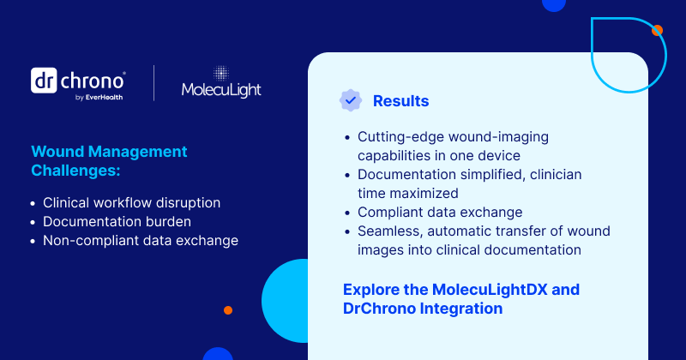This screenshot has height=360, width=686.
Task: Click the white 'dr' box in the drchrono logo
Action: (44, 81)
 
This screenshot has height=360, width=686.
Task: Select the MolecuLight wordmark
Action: (221, 90)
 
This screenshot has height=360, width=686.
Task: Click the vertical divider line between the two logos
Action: (154, 83)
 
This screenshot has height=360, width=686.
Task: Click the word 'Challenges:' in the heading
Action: (75, 171)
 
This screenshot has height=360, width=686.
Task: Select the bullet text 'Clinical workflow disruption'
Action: (131, 203)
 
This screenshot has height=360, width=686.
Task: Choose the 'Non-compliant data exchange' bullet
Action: (140, 241)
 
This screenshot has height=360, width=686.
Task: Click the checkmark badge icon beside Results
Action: (350, 100)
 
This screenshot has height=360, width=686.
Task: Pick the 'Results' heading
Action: (400, 101)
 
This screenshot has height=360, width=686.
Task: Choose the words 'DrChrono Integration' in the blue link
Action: (423, 308)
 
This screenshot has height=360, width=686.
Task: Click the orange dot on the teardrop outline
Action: (657, 31)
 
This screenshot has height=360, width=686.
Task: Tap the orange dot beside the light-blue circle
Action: (228, 310)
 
